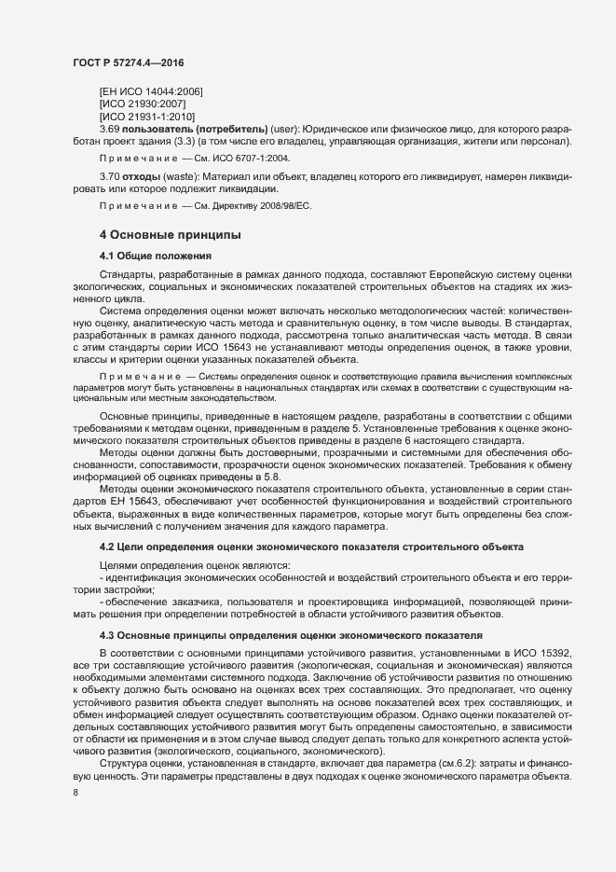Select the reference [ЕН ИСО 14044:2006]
(151, 90)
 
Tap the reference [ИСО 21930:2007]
(142, 104)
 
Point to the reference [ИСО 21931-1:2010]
(146, 116)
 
